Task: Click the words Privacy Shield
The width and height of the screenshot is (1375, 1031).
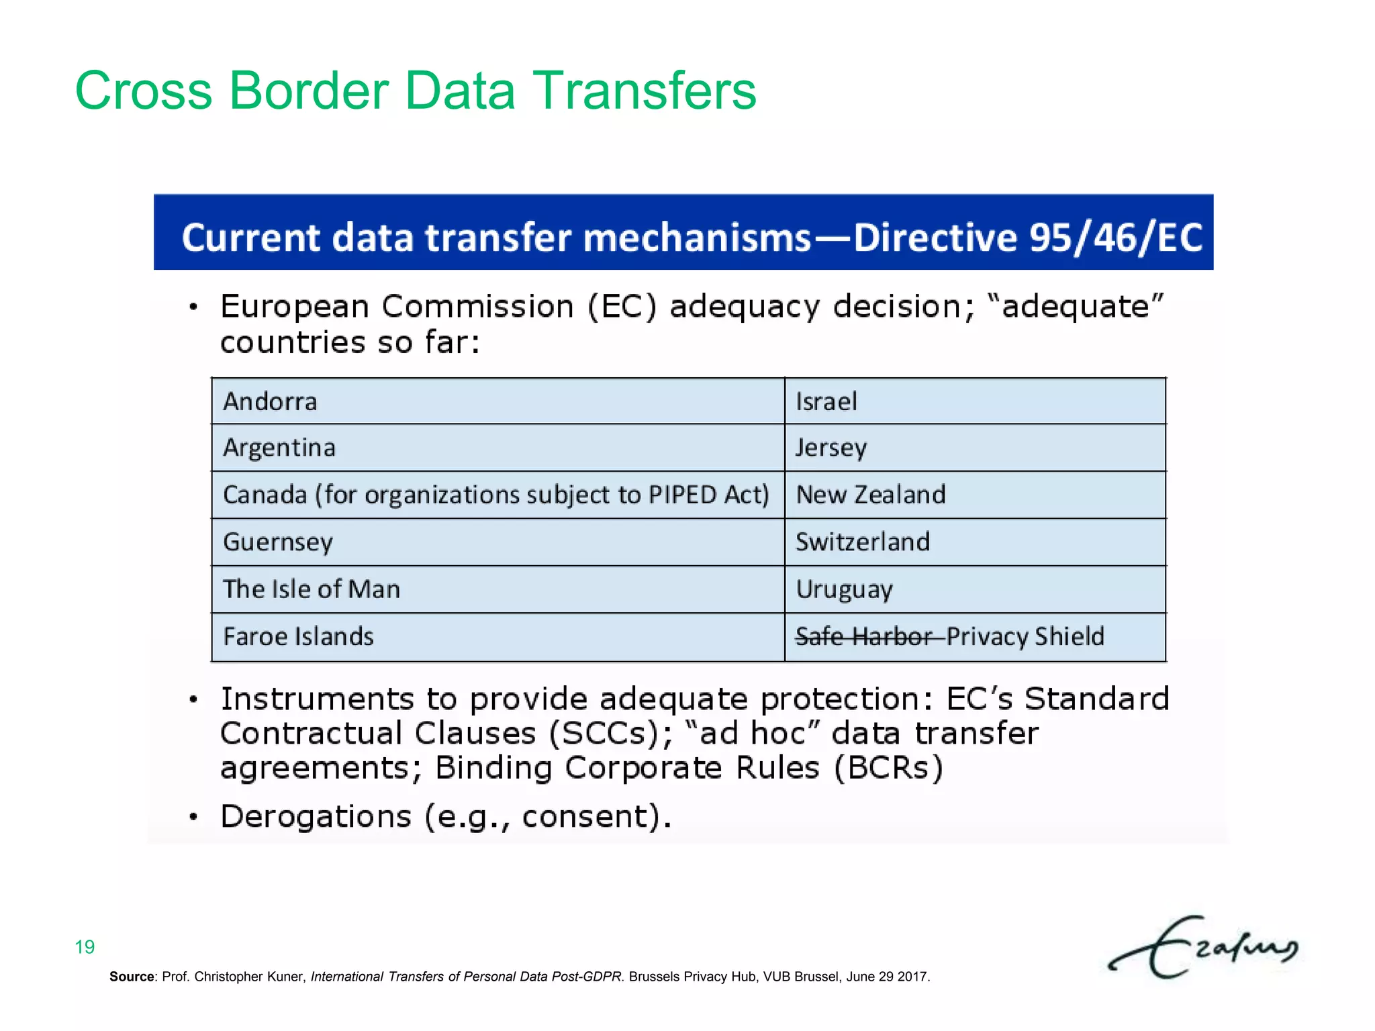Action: [1025, 636]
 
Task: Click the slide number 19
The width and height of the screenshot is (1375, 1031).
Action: [85, 947]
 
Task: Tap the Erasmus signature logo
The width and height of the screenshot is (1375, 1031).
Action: [1202, 946]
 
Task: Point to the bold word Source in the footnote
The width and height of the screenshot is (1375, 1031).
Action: [132, 977]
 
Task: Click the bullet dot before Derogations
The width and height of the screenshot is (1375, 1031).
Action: [193, 817]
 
